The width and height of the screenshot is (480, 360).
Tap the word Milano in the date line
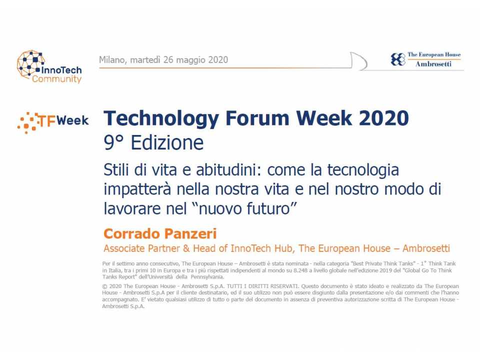coord(112,60)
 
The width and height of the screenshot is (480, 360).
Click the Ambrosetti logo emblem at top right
coord(398,59)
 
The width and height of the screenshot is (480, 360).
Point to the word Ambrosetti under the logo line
coord(433,64)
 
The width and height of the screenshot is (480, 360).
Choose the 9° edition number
coord(113,143)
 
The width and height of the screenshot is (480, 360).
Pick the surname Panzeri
coord(191,233)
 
